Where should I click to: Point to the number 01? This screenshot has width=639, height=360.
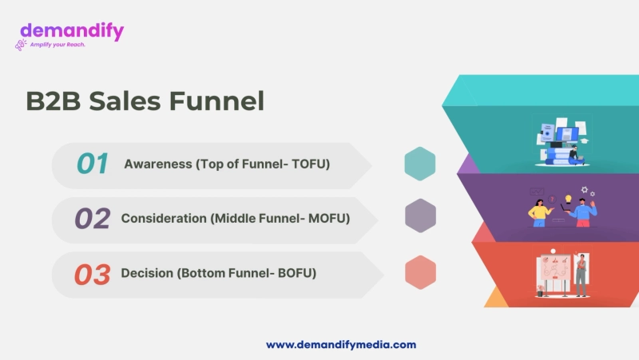point(92,164)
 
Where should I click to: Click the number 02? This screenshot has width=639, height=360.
point(92,219)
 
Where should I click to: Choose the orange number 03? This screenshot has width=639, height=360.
point(92,274)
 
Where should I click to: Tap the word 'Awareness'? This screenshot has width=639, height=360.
point(157,164)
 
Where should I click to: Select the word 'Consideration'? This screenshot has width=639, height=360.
point(164,218)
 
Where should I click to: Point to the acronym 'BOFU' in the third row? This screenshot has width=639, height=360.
point(297,273)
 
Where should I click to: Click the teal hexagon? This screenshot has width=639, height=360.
point(420,164)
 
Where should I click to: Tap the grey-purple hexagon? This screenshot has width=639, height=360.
point(420,216)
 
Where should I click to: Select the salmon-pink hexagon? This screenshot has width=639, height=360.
point(420,272)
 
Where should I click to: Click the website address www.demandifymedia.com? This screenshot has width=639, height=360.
point(341,345)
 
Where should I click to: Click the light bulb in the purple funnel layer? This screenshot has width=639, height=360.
point(568,198)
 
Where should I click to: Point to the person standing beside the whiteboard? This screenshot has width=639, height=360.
point(581,275)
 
